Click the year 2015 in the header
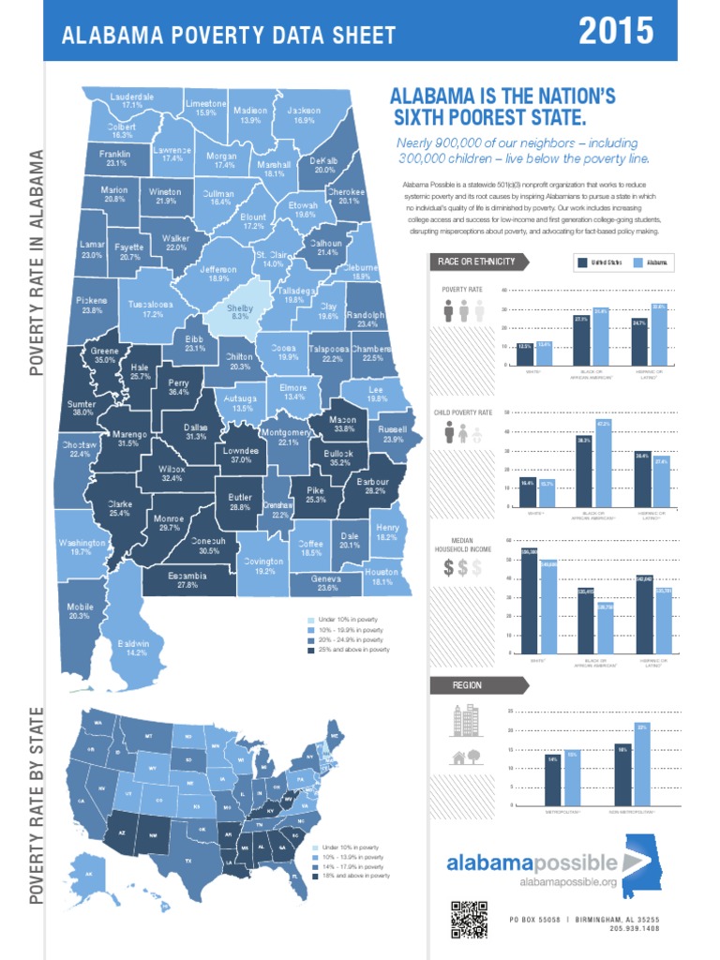616,32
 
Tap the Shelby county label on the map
240,312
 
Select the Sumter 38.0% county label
82,408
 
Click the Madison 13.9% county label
250,115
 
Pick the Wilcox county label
172,473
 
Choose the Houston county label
382,577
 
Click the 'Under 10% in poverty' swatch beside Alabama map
312,621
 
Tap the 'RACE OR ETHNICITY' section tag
476,262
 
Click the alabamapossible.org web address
568,883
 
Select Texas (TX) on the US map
188,861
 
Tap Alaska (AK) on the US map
89,875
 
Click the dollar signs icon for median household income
462,568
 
